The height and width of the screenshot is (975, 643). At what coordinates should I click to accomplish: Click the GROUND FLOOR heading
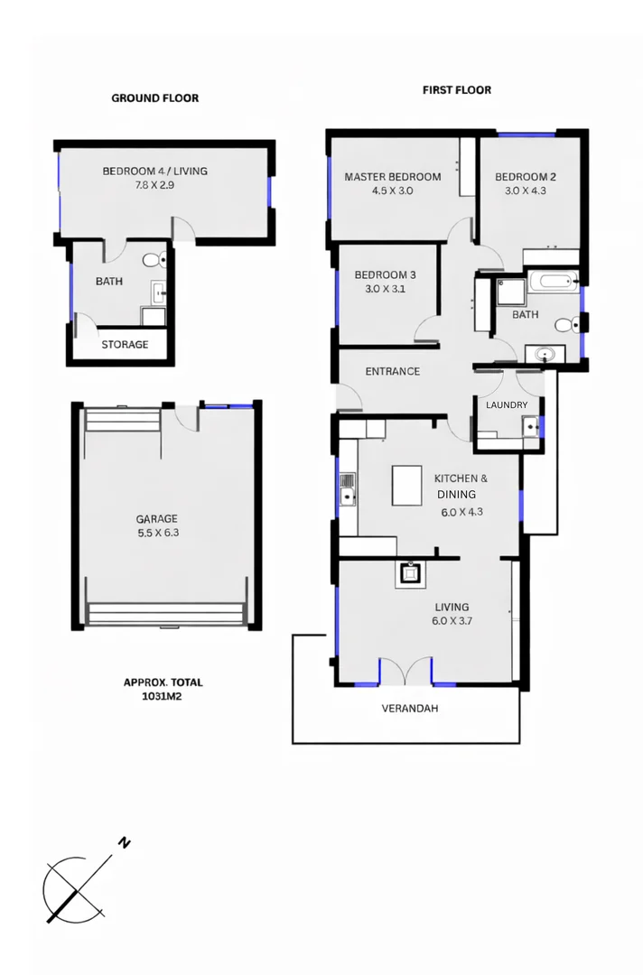[x=154, y=97]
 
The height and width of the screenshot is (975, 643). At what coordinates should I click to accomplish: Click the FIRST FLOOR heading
[x=457, y=90]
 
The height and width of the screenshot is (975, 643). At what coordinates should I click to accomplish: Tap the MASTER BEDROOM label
[x=393, y=177]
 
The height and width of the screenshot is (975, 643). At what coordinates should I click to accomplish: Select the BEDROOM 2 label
[x=525, y=177]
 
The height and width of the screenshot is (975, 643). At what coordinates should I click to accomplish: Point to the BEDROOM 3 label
[x=385, y=275]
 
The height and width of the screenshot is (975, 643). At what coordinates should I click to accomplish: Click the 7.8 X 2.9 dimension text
[x=154, y=185]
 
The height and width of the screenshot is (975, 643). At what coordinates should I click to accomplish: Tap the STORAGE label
[x=125, y=344]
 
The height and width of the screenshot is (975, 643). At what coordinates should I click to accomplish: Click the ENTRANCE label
[x=392, y=371]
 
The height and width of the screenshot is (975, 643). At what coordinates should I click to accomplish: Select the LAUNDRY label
[x=507, y=405]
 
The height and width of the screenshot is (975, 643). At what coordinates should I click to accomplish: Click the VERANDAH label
[x=410, y=709]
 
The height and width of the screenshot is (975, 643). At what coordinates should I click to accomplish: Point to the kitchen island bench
[x=407, y=485]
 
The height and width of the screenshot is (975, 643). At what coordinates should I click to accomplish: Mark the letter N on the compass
[x=125, y=843]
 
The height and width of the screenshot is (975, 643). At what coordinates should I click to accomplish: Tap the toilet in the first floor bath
[x=564, y=325]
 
